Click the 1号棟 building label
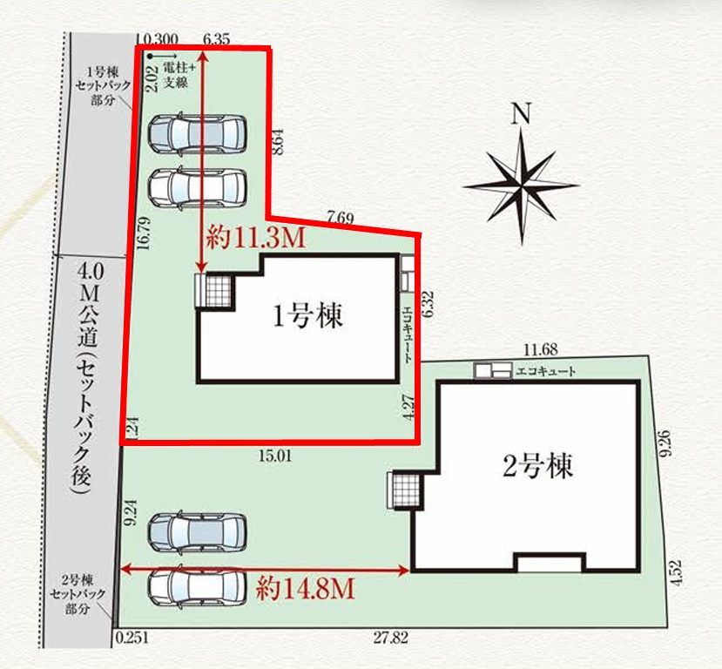pyautogui.click(x=309, y=316)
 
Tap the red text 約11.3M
pyautogui.click(x=256, y=238)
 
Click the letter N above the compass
pyautogui.click(x=521, y=115)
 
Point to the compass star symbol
pyautogui.click(x=521, y=185)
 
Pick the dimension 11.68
pyautogui.click(x=540, y=350)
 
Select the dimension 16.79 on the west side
pyautogui.click(x=144, y=235)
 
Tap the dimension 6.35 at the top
pyautogui.click(x=216, y=39)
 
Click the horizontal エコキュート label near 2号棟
pyautogui.click(x=546, y=371)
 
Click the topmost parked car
pyautogui.click(x=197, y=134)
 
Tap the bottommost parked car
pyautogui.click(x=197, y=589)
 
